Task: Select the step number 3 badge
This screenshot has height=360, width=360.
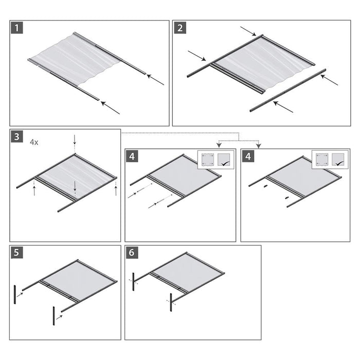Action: pyautogui.click(x=18, y=137)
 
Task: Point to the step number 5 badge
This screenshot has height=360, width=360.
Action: pyautogui.click(x=18, y=254)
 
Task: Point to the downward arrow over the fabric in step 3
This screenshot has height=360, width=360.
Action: pyautogui.click(x=75, y=185)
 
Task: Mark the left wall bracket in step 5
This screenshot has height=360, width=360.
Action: pyautogui.click(x=16, y=296)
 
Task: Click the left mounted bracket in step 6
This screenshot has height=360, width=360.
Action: pyautogui.click(x=133, y=281)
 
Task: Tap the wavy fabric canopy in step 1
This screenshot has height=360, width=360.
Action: pyautogui.click(x=77, y=59)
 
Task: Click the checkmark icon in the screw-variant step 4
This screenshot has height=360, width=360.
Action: pyautogui.click(x=224, y=160)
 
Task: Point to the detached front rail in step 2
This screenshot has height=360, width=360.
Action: pyautogui.click(x=288, y=90)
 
